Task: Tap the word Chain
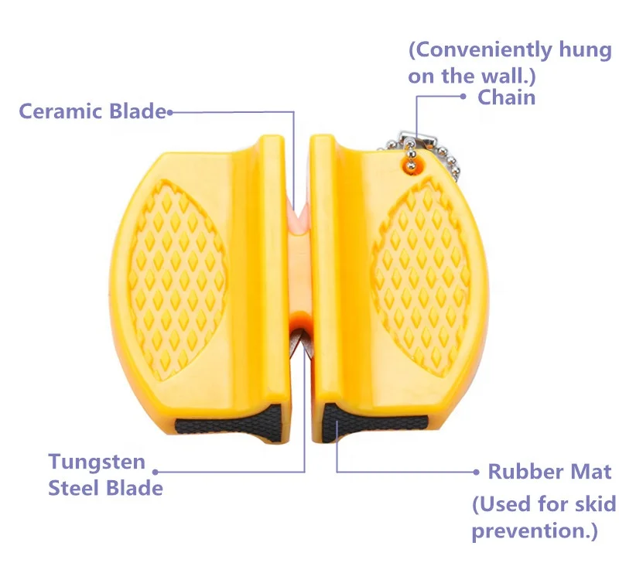point(506,97)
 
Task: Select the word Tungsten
point(97,462)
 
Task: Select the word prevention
point(527,531)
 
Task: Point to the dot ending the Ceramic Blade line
point(169,112)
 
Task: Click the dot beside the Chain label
point(463,97)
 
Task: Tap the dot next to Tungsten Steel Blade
point(155,471)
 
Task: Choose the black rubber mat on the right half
point(371,425)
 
